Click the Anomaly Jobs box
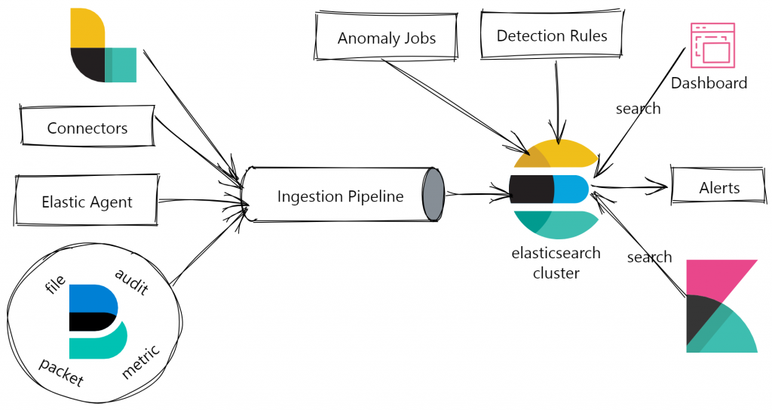point(386,38)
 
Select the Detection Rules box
point(552,35)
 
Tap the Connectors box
point(87,128)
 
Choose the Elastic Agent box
point(87,202)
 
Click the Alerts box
point(719,188)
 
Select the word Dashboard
point(709,83)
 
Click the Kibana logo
point(721,306)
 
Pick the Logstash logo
point(103,45)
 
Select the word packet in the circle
point(61,371)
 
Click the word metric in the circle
point(141,362)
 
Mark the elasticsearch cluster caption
point(556,263)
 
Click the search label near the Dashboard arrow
point(638,109)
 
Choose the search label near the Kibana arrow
point(649,257)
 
